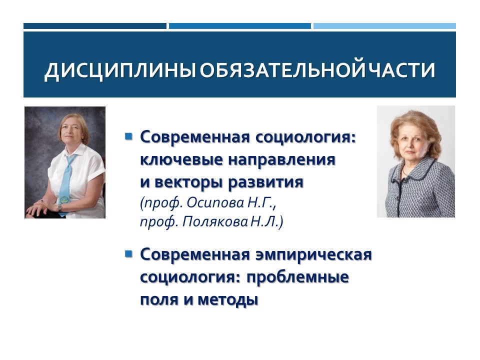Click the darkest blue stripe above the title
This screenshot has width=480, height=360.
click(x=94, y=26)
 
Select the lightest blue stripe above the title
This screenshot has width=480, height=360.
click(x=384, y=26)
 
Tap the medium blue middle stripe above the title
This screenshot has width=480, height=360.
click(x=239, y=26)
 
